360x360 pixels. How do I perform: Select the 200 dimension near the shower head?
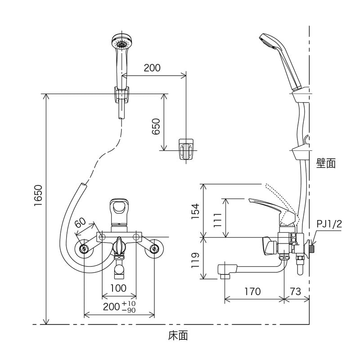152,68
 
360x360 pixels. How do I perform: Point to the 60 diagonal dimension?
80,223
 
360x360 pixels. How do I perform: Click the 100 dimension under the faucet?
118,288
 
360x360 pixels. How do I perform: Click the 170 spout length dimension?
252,292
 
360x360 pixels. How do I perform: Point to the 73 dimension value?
296,292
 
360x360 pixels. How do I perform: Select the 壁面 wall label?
326,163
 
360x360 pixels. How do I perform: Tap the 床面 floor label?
178,335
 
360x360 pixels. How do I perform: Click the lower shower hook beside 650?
186,149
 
